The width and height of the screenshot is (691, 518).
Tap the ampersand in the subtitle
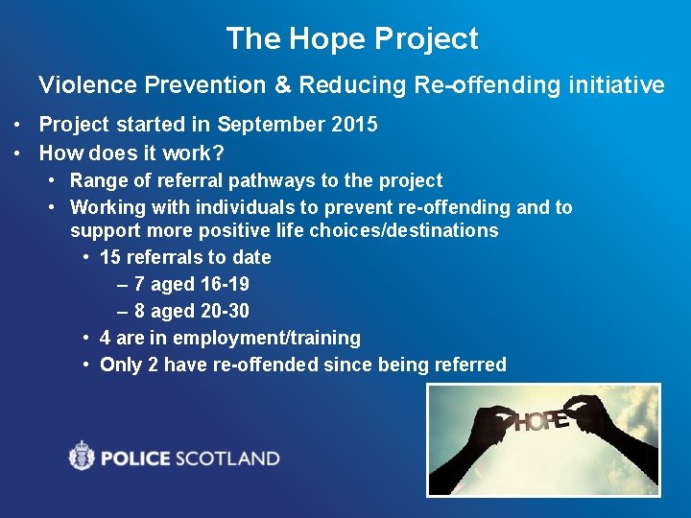coord(282,85)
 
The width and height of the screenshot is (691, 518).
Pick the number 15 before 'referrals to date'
coord(110,257)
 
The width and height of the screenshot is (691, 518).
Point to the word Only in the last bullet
coord(121,365)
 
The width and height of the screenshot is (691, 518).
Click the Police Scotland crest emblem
coord(83,456)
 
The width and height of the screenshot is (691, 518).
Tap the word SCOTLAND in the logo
coord(226,459)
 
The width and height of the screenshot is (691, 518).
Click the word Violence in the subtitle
coord(88,85)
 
